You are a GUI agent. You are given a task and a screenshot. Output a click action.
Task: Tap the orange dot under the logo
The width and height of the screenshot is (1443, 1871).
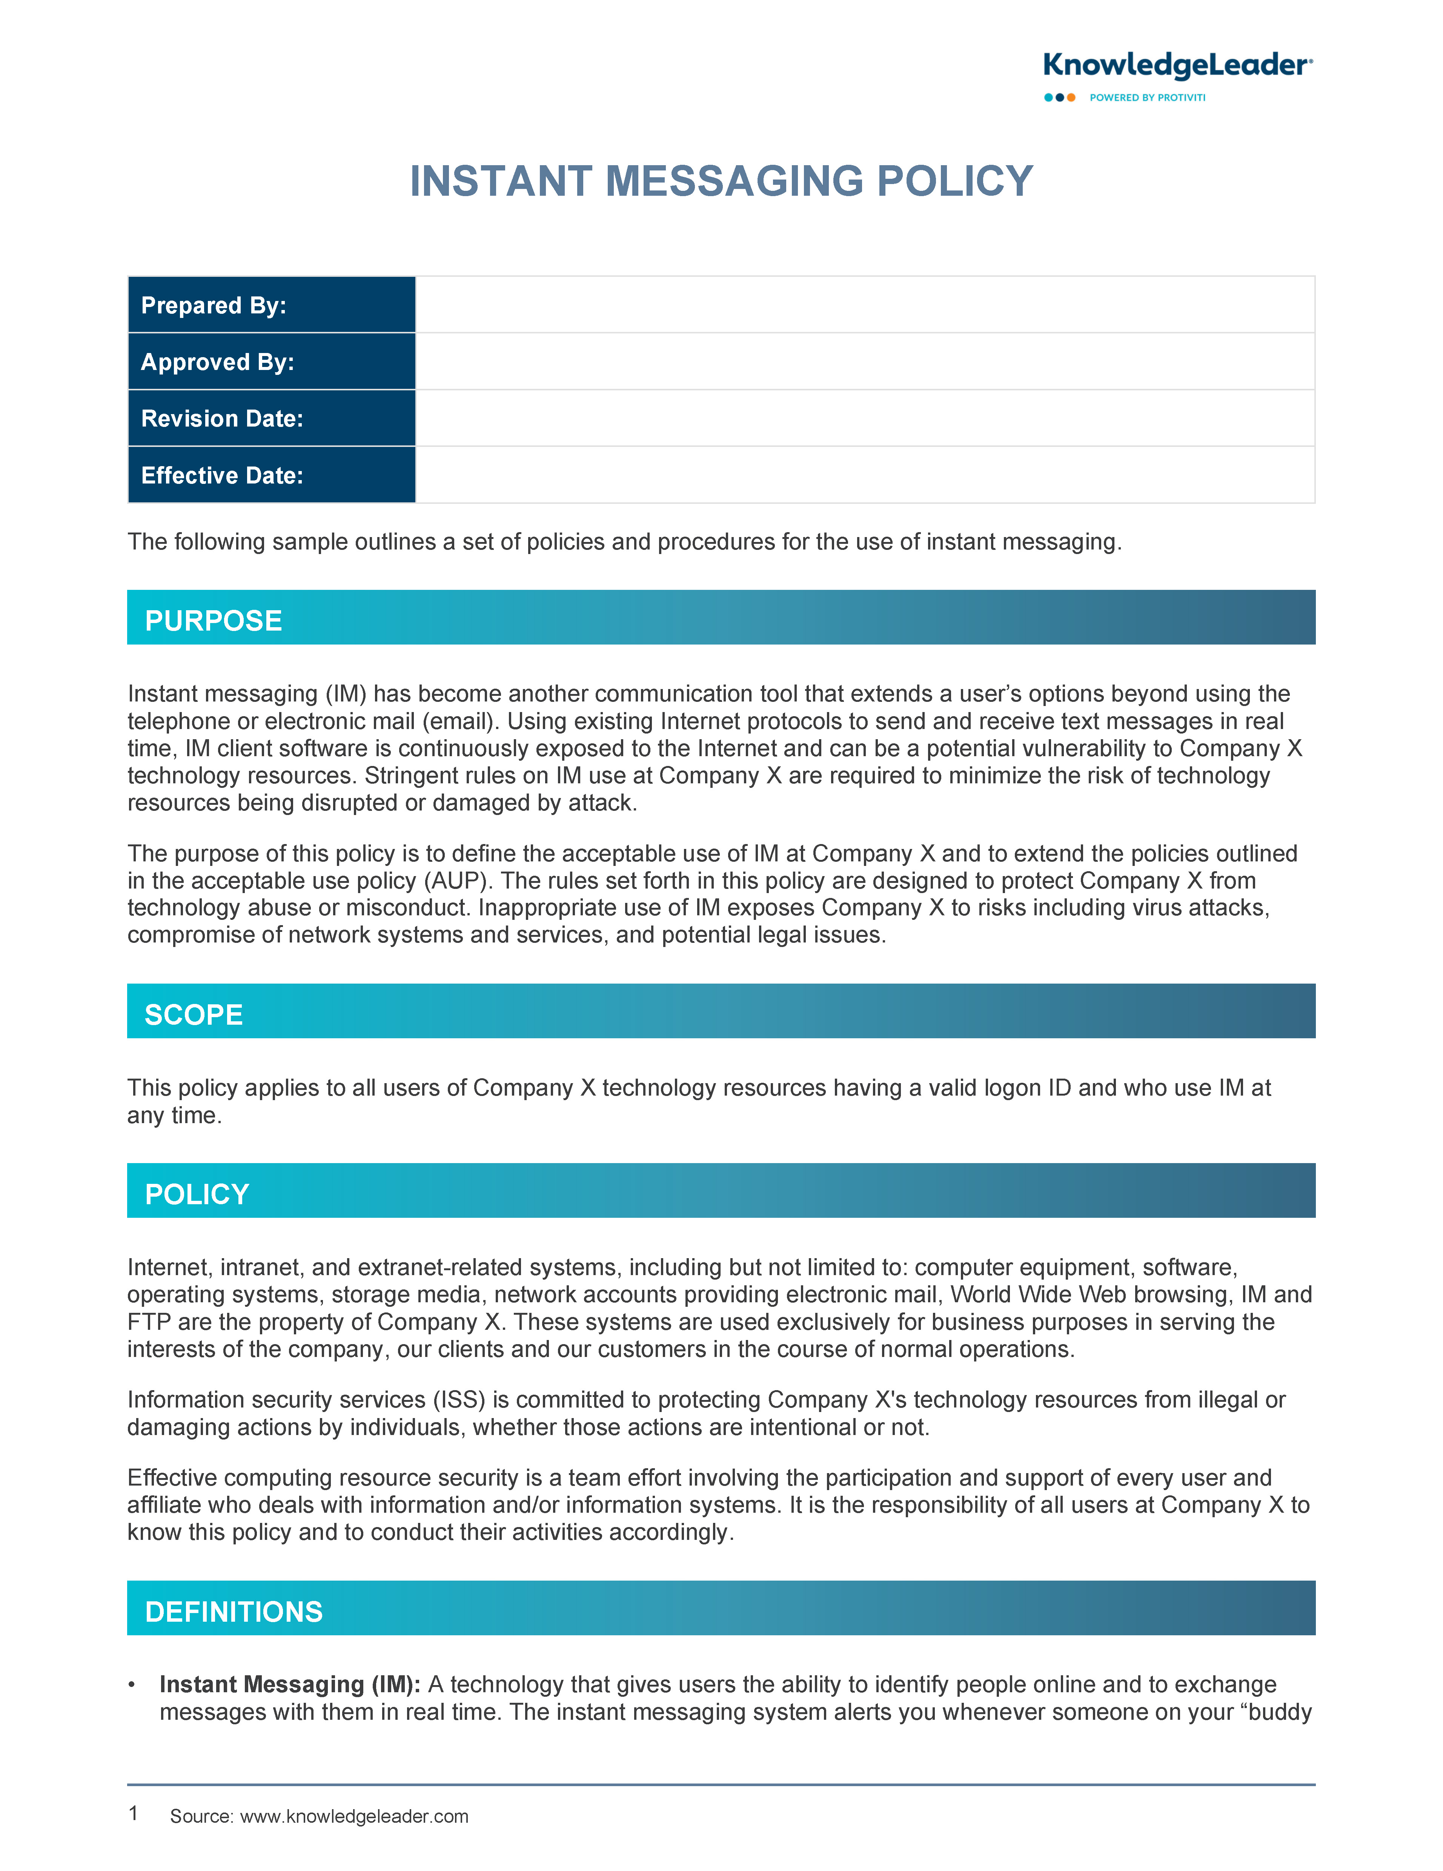click(x=1071, y=98)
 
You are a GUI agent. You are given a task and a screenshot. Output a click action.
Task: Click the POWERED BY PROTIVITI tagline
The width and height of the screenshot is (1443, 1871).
click(x=1147, y=98)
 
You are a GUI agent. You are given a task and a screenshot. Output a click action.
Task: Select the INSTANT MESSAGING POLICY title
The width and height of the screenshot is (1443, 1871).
click(x=721, y=182)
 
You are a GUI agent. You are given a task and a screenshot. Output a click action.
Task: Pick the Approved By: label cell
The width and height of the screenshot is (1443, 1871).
click(x=272, y=362)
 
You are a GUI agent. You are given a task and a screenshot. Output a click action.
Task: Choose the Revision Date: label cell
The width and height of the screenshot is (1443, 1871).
click(x=272, y=418)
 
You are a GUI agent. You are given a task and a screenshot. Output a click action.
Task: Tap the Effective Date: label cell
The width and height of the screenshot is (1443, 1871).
click(x=272, y=476)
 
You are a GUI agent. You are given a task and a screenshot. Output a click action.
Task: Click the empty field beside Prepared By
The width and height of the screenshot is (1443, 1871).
click(x=865, y=305)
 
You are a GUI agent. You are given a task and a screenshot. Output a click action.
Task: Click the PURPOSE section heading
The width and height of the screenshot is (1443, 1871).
click(x=214, y=620)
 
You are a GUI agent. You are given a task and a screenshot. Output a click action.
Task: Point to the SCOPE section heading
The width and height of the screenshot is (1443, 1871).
click(x=194, y=1014)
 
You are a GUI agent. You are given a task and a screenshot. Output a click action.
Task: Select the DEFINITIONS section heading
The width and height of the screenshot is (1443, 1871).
click(x=234, y=1612)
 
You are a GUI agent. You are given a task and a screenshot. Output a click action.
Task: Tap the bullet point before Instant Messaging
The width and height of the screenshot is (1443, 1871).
click(x=132, y=1684)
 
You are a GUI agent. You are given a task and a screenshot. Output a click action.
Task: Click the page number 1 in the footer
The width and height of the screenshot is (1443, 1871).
click(x=133, y=1813)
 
